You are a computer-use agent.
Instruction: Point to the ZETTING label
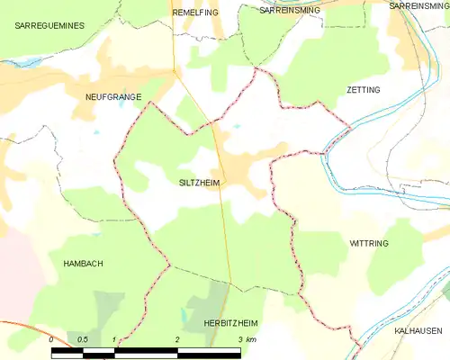point(363,90)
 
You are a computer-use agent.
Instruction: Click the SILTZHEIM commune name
point(198,183)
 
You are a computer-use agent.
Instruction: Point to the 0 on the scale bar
point(52,339)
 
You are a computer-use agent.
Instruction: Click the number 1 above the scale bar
point(114,339)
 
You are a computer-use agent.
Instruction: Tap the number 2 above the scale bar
point(178,339)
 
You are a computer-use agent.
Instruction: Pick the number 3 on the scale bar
point(239,339)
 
